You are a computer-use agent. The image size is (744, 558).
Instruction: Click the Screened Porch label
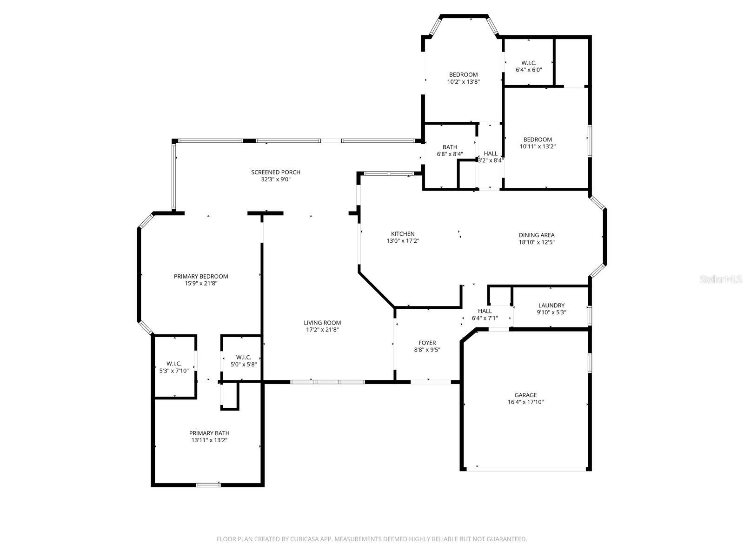click(276, 172)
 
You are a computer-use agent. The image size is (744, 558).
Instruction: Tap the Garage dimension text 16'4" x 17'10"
click(525, 402)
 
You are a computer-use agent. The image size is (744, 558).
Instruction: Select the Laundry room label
click(551, 306)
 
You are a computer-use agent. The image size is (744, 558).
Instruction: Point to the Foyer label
click(427, 343)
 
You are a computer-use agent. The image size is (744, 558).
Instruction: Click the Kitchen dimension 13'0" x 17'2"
click(403, 241)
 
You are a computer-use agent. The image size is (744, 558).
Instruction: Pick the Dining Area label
click(537, 235)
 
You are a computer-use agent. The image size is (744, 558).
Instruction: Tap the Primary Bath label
click(209, 433)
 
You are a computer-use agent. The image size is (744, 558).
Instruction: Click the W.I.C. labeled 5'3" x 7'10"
click(174, 364)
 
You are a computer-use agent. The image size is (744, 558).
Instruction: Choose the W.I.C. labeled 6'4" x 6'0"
click(529, 63)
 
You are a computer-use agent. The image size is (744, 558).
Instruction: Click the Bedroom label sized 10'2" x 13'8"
click(463, 74)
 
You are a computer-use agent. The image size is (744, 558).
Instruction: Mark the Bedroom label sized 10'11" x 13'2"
click(538, 139)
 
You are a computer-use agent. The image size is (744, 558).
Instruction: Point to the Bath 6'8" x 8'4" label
click(450, 147)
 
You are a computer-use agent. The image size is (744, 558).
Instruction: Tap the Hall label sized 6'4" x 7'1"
click(485, 311)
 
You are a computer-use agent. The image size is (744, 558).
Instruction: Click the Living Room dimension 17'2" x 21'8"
click(322, 330)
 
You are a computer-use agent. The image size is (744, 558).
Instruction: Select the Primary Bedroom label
click(201, 276)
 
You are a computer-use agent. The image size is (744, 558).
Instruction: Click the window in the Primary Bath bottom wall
click(208, 485)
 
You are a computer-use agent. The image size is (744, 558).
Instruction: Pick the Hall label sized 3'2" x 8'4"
click(491, 153)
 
